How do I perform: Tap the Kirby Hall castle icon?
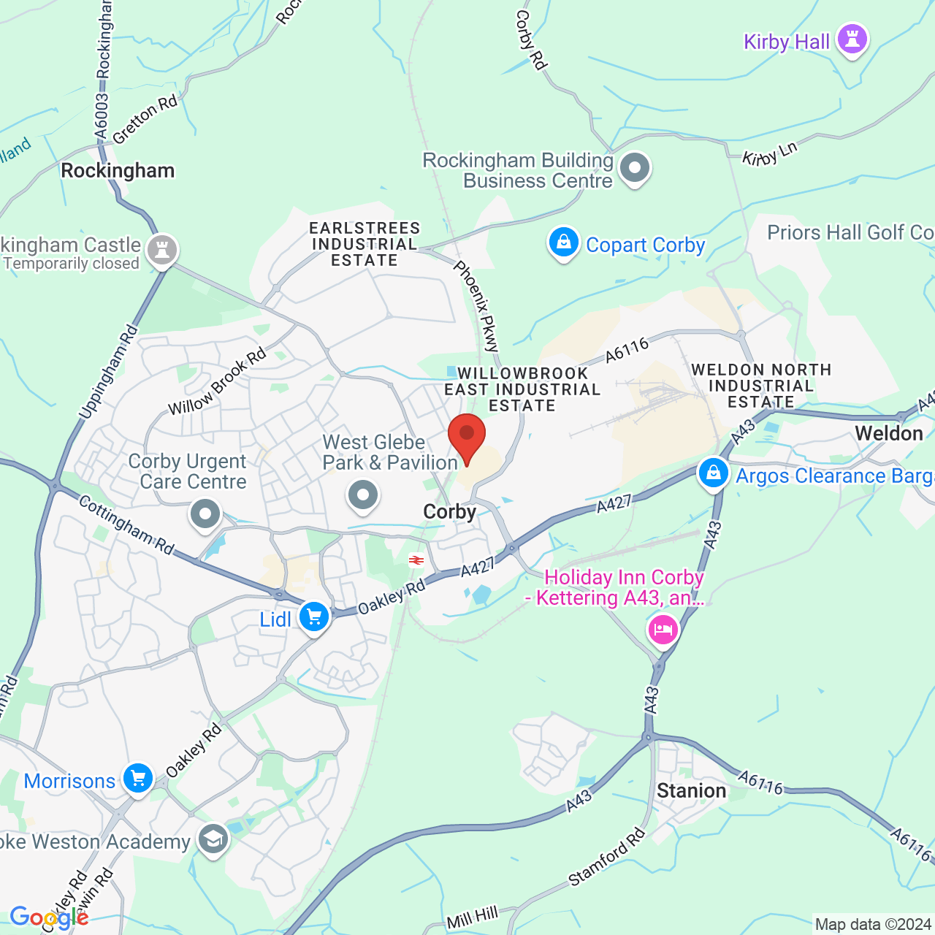point(852,39)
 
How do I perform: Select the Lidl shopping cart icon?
point(314,618)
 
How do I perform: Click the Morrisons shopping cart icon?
point(138,779)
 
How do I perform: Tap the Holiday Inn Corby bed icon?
point(663,629)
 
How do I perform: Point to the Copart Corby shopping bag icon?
point(563,243)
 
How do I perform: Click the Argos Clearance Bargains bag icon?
point(713,473)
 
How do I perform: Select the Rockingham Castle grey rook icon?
point(162,251)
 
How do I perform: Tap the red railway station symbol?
point(416,560)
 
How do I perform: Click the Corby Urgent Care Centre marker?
point(205,514)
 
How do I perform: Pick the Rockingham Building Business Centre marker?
point(634,168)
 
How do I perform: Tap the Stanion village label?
point(691,790)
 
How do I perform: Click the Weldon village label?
point(889,433)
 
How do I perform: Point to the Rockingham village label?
point(118,171)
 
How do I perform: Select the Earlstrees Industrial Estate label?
point(364,244)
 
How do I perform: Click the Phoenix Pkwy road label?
point(477,307)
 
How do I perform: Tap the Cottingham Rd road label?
point(126,525)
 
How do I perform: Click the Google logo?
point(49,917)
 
